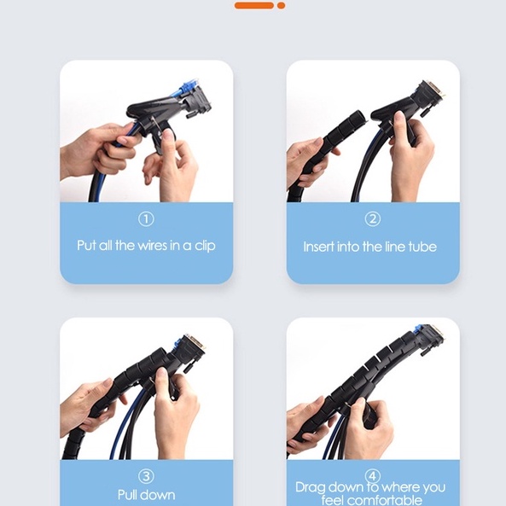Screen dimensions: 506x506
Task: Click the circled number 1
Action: click(x=146, y=219)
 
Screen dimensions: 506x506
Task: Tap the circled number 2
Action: click(x=373, y=219)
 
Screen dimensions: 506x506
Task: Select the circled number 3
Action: click(x=146, y=476)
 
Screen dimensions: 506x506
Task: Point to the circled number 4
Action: click(x=373, y=476)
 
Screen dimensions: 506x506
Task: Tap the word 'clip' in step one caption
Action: click(x=205, y=246)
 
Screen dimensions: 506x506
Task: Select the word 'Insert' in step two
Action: click(x=314, y=247)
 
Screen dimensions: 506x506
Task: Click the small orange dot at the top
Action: click(x=281, y=5)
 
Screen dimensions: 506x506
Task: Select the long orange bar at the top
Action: click(x=254, y=5)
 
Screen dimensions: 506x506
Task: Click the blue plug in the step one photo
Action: click(x=188, y=88)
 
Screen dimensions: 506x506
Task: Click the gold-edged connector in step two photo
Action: click(x=433, y=92)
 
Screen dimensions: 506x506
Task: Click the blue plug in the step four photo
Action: click(x=419, y=331)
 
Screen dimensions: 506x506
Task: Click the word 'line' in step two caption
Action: click(x=395, y=247)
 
